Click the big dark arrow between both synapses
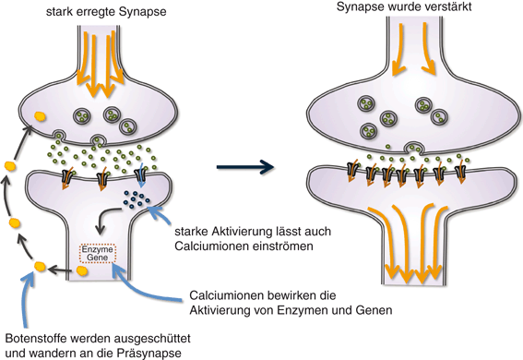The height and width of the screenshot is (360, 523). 244,167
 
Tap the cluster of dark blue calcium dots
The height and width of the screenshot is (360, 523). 137,197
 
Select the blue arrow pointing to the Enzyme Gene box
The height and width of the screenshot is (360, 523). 148,285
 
